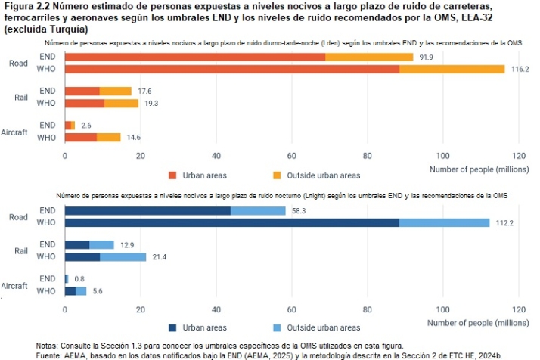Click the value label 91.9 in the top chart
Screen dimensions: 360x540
pyautogui.click(x=427, y=57)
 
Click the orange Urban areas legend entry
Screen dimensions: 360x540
pyautogui.click(x=199, y=175)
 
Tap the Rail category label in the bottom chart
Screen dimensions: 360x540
pyautogui.click(x=22, y=250)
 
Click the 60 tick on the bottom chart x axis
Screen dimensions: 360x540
pyautogui.click(x=291, y=309)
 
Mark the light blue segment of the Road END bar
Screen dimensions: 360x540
pyautogui.click(x=264, y=211)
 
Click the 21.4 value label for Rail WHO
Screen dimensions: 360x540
pyautogui.click(x=160, y=257)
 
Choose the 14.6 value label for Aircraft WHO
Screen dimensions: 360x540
pyautogui.click(x=135, y=138)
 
